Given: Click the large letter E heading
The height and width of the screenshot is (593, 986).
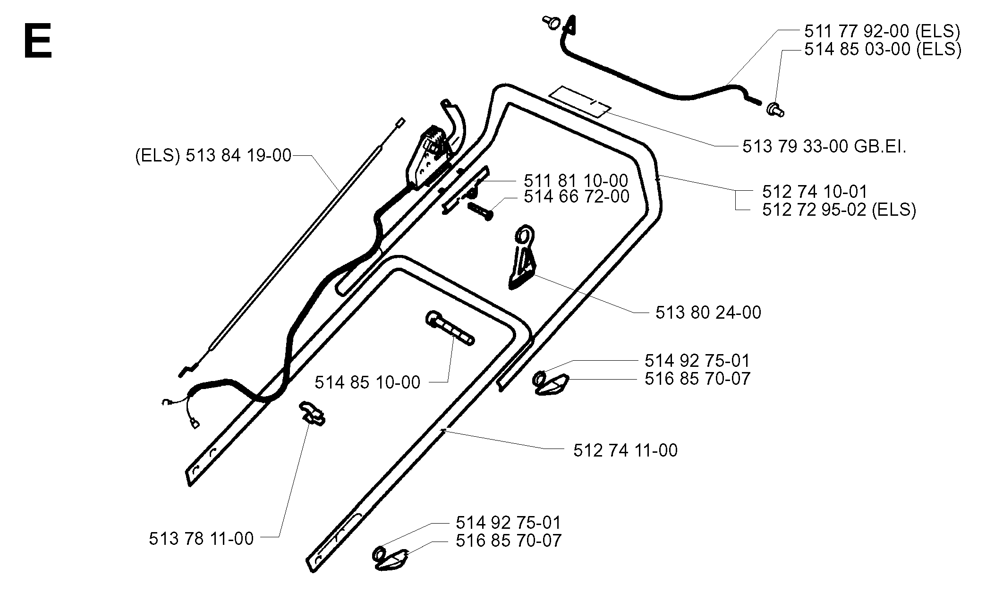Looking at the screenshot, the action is pos(37,42).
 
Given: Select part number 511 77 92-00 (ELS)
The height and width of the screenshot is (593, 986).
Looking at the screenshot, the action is pos(882,31).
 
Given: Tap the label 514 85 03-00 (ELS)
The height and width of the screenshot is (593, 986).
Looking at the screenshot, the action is pos(883,49).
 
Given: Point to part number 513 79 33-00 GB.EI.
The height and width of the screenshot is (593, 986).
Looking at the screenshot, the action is pos(824,147).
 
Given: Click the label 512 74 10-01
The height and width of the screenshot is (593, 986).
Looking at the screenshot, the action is pos(815,192).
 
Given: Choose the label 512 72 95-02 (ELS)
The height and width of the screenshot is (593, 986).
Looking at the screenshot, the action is pos(839,210).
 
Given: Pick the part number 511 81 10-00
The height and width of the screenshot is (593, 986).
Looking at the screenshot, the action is pos(576,181).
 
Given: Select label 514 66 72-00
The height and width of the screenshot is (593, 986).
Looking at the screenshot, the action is pos(576,196).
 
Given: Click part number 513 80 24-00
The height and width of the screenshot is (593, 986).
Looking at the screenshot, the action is pos(708,313).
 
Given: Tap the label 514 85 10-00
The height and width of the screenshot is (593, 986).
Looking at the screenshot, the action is pos(367,382).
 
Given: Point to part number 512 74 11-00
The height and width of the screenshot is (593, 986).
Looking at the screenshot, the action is pos(625,450).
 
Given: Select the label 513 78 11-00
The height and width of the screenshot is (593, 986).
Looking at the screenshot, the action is pos(201,539).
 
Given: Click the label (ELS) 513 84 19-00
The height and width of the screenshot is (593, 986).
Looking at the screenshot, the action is pos(213,155).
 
